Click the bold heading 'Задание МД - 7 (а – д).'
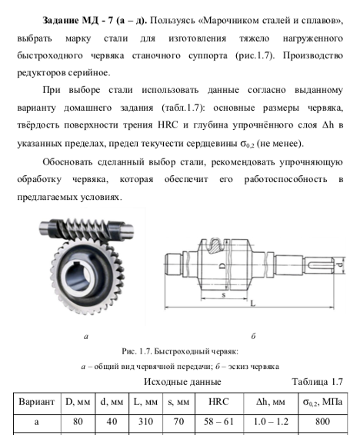pos(95,21)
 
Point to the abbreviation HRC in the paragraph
pos(168,125)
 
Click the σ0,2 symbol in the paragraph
pos(247,144)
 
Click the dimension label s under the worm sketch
pos(224,295)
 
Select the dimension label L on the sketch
pos(253,304)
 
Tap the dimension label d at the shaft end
pos(341,265)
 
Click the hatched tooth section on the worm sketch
pos(215,245)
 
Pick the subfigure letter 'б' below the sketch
pos(253,336)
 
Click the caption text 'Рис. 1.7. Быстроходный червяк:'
pos(180,351)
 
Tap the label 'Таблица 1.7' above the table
pos(317,382)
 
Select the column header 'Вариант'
pos(37,402)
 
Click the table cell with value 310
pos(145,421)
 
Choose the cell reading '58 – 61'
pos(218,422)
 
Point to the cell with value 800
pos(322,421)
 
